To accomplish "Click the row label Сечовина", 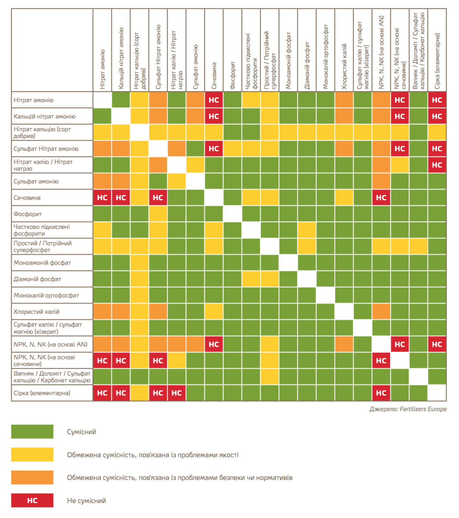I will tap(27, 198).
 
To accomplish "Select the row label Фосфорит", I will tap(28, 214).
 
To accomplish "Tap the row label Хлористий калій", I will tap(36, 312).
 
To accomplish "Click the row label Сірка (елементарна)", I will tap(42, 393).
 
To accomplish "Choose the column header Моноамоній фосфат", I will tap(288, 60).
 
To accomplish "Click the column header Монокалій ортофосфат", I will tap(326, 57).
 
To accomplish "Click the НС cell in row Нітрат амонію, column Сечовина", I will tap(214, 100).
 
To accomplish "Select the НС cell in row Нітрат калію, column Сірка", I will tap(437, 165).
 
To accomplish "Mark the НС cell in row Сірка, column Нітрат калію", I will tap(177, 393).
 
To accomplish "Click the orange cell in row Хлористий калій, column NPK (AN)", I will tap(381, 312).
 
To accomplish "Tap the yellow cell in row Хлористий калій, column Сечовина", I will tap(214, 312).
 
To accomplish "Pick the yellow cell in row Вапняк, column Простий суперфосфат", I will tap(270, 376).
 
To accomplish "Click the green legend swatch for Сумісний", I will tap(32, 431).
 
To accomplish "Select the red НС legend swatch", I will tap(32, 500).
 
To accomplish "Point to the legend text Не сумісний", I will tap(87, 501).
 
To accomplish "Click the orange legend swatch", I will tap(32, 477).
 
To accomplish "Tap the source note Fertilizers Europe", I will tap(408, 409).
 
